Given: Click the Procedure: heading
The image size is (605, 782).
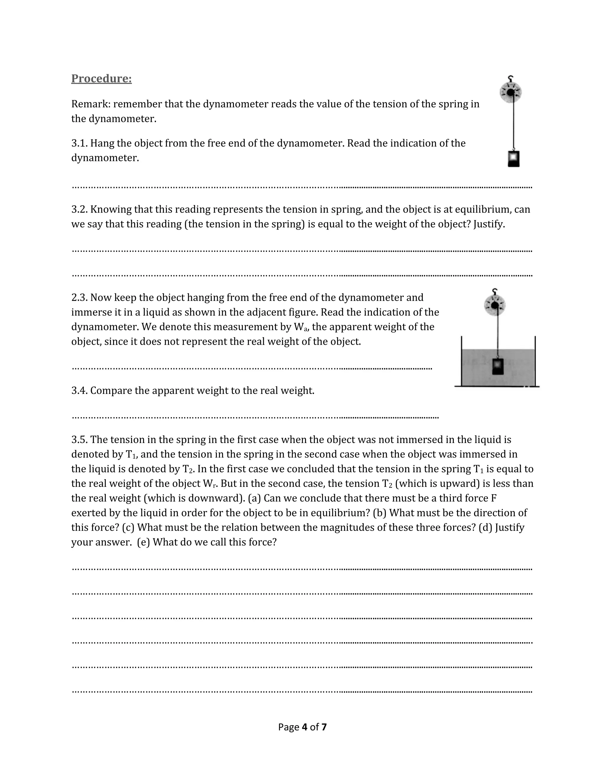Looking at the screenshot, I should click(x=101, y=78).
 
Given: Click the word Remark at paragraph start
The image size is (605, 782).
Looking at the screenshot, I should click(x=90, y=104).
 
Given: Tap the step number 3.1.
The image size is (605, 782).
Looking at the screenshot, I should click(x=79, y=143).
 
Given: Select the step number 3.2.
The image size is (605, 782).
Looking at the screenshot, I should click(x=79, y=210).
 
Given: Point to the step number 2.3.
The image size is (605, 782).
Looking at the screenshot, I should click(x=79, y=297).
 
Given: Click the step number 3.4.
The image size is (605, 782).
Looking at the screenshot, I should click(x=79, y=391).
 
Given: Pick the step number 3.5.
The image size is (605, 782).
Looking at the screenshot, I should click(x=79, y=440).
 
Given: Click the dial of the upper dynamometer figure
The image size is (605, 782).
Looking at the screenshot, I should click(x=510, y=92).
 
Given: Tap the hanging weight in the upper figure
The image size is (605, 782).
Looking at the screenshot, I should click(x=514, y=159).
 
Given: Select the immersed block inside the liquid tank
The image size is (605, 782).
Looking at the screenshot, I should click(x=498, y=366).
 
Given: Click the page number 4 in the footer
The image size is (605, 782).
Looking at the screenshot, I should click(x=305, y=727).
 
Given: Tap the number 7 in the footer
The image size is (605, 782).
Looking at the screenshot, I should click(x=324, y=727).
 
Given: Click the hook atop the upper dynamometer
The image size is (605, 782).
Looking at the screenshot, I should click(x=511, y=78).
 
